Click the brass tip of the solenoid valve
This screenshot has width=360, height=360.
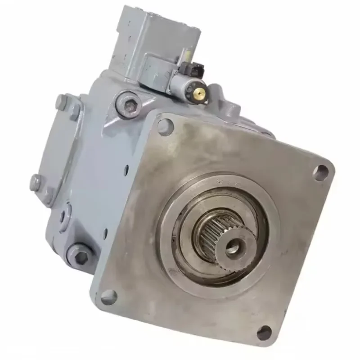coord(201,93)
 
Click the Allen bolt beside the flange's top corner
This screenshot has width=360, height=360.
coord(130,105)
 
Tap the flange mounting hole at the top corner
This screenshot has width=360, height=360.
coord(165,126)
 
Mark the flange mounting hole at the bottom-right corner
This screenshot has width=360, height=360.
coord(264,333)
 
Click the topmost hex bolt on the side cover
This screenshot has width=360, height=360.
coord(62,101)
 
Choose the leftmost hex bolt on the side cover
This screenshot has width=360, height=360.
coord(36,182)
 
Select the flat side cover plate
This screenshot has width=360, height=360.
coord(54,148)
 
